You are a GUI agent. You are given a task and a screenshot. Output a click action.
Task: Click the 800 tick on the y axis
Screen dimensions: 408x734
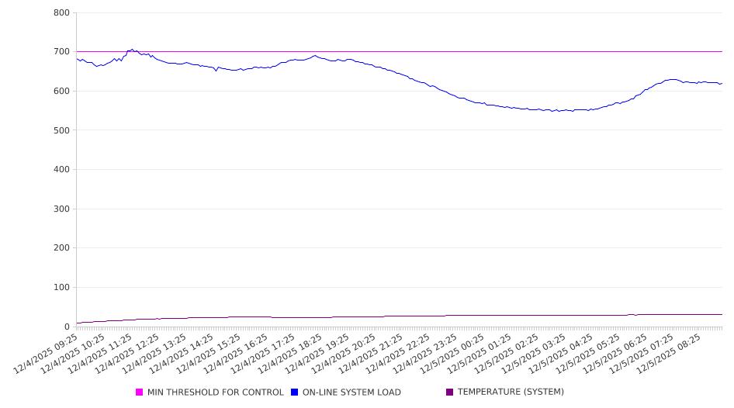[61, 13]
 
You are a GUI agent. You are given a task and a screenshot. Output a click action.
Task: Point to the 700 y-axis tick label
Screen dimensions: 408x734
[61, 52]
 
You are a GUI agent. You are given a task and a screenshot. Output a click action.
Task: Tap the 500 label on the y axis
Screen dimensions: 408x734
[61, 130]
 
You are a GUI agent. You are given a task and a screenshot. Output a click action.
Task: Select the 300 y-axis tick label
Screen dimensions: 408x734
[61, 209]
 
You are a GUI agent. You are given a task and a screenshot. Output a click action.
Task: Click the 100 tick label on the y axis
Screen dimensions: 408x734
[61, 288]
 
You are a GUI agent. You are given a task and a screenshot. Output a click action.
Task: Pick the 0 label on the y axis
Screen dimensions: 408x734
[67, 327]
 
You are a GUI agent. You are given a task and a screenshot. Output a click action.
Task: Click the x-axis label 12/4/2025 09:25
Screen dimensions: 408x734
[47, 354]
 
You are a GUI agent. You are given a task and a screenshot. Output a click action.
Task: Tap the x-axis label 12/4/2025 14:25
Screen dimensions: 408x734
[182, 354]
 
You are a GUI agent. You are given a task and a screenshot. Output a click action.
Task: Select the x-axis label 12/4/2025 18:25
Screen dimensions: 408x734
[291, 354]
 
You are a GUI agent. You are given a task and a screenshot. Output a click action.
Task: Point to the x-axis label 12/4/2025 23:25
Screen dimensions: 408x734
[427, 354]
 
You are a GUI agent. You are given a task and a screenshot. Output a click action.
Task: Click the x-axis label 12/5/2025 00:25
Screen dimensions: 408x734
[454, 354]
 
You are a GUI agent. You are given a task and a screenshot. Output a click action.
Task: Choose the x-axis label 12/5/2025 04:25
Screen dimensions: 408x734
[563, 354]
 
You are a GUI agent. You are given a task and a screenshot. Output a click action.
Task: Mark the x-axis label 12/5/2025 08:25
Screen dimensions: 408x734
[671, 354]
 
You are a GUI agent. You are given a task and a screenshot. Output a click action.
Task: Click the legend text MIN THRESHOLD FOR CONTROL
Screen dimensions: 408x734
[215, 392]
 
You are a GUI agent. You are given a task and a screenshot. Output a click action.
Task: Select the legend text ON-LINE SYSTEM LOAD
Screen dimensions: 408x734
[351, 392]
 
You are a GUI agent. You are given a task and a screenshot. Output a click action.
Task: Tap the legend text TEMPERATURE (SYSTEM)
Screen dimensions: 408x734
[511, 392]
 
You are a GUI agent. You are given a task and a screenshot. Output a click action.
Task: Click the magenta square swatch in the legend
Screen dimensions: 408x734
[140, 392]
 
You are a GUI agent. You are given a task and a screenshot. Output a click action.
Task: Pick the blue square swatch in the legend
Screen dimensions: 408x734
[295, 392]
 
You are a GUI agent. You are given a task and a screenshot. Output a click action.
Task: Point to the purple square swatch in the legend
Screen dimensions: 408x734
[450, 392]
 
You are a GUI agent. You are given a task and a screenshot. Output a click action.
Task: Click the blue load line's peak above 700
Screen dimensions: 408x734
[132, 50]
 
